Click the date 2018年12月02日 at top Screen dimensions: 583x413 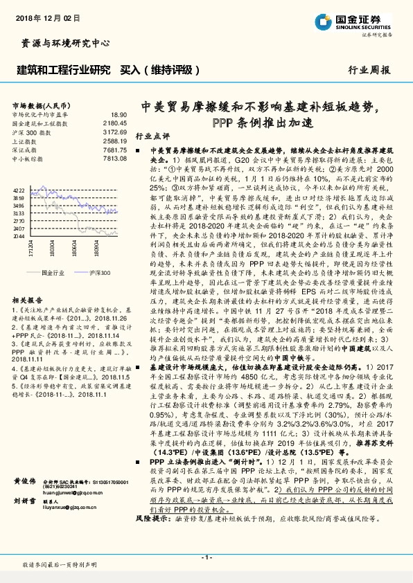tap(44, 15)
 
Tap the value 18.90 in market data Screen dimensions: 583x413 tap(118, 114)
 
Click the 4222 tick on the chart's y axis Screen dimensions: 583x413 tap(19, 188)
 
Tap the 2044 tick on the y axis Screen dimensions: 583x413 tap(19, 236)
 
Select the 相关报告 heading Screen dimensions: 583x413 tap(28, 300)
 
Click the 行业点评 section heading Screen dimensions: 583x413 tap(152, 136)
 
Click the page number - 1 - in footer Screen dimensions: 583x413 tap(206, 557)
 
